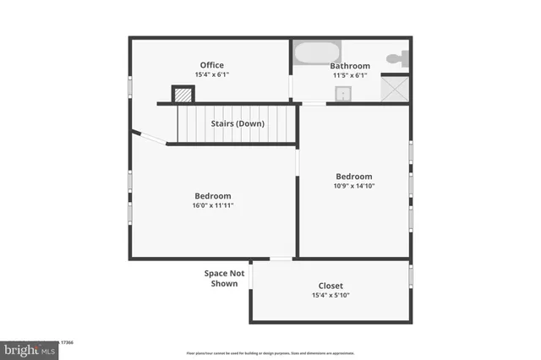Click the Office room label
(212, 65)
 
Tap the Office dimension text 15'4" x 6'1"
(212, 75)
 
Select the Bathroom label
(349, 65)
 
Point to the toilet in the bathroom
(397, 58)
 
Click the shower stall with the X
(395, 88)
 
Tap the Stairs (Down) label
(238, 123)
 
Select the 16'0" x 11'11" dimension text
(212, 205)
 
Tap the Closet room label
(331, 286)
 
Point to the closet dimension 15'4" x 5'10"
(331, 296)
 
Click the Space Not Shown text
(224, 278)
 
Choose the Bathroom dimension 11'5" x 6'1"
(349, 75)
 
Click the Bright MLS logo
(29, 349)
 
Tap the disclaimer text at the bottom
(270, 353)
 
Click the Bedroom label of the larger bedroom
(212, 195)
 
